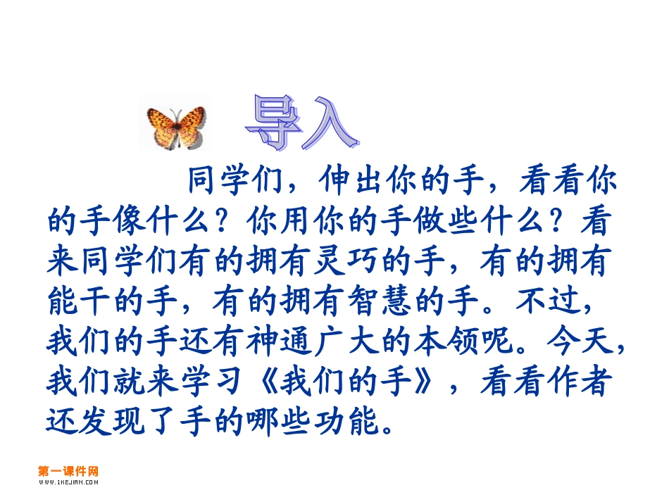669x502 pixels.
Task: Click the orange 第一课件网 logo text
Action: pos(68,471)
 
